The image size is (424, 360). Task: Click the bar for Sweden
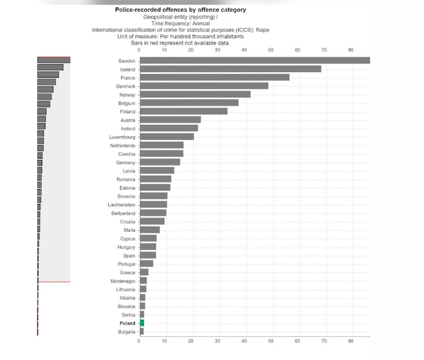(x=254, y=60)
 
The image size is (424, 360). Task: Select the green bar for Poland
(x=142, y=323)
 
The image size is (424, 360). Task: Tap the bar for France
(x=214, y=77)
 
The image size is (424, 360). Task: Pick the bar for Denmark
(x=204, y=86)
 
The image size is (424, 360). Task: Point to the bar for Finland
(x=183, y=111)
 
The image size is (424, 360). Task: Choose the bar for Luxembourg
(x=167, y=137)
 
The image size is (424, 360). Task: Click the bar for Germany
(x=160, y=162)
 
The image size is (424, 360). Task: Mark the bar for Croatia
(x=152, y=221)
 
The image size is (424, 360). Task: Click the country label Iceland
(x=127, y=69)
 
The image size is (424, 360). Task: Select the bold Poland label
(x=127, y=323)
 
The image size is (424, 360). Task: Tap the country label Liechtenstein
(x=121, y=205)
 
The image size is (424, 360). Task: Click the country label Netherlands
(x=122, y=145)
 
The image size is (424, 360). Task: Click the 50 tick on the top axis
(x=270, y=50)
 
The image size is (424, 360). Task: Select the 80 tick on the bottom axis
(x=351, y=341)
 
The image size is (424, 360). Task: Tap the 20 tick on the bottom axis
(x=191, y=341)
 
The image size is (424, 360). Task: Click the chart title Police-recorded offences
(x=180, y=10)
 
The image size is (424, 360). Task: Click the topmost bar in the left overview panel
(x=53, y=60)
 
